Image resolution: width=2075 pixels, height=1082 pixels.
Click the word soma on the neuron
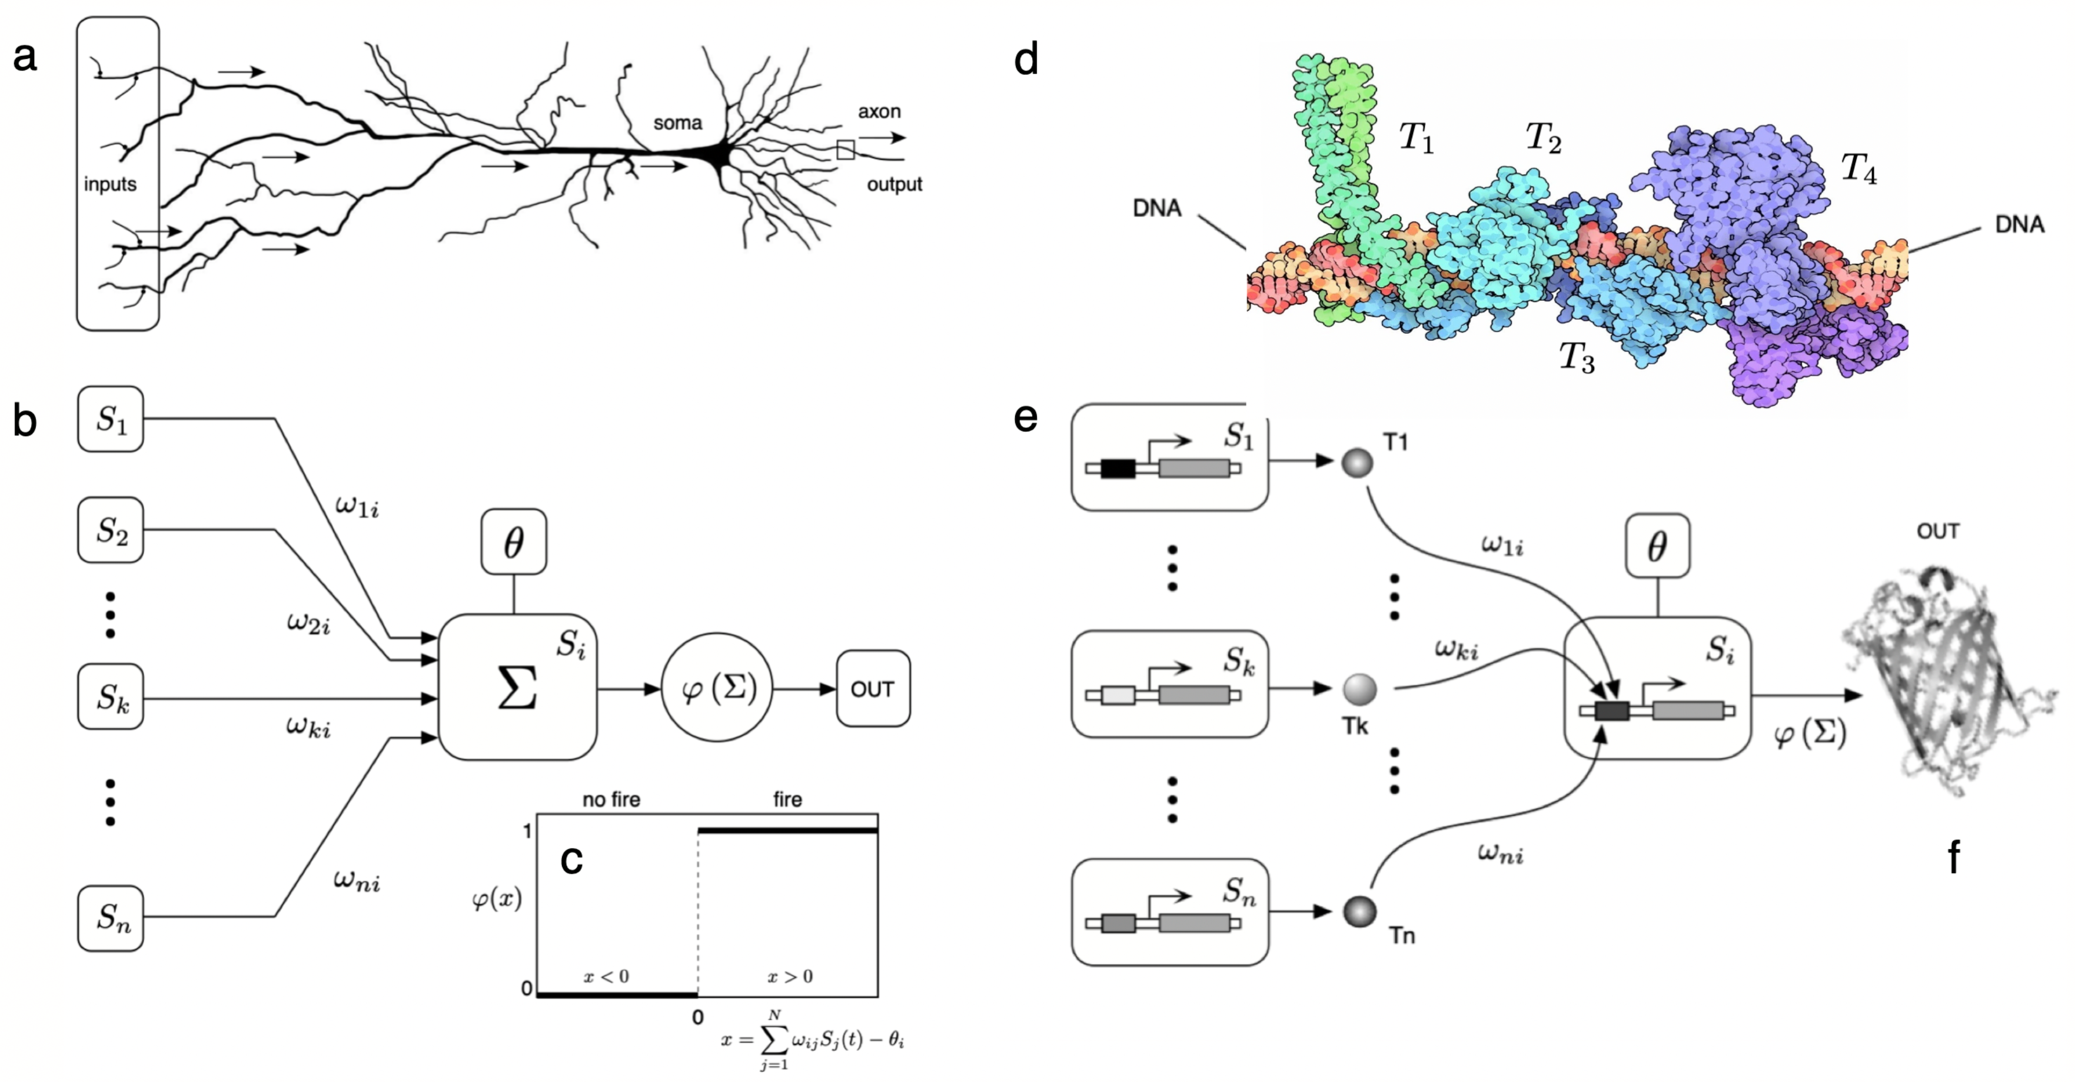coord(677,123)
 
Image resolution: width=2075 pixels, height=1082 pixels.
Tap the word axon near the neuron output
coord(878,112)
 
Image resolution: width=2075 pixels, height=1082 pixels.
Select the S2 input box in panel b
coord(111,530)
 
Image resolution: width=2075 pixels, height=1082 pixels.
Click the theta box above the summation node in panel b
coord(514,542)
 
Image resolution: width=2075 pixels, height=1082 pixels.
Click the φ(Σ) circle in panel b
coord(717,689)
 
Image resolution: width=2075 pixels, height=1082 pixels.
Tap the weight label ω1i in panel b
coord(357,506)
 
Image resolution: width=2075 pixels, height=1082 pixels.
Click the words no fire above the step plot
coord(611,799)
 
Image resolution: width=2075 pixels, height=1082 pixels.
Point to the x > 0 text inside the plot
coord(789,977)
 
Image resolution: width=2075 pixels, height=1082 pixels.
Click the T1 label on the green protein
coord(1415,137)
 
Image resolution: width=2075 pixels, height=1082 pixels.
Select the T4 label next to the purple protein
coord(1858,168)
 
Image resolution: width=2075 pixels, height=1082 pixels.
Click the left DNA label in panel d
coord(1157,208)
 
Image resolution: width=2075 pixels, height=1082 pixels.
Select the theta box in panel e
coord(1657,547)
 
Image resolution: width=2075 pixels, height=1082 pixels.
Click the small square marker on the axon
coord(845,150)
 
